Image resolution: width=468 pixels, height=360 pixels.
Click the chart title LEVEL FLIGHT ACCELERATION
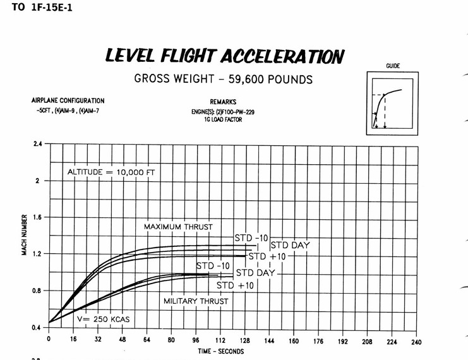coord(224,56)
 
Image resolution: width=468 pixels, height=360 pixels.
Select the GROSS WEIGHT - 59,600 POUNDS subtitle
coord(224,80)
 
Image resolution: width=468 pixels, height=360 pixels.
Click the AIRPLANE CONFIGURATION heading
coord(68,100)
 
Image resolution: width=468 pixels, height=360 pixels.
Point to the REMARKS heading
coord(223,101)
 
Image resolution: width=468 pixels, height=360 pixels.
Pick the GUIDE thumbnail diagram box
coord(392,102)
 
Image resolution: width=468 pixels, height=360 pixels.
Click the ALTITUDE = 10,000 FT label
coord(111,172)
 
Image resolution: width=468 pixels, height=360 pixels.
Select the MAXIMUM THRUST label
coord(178,227)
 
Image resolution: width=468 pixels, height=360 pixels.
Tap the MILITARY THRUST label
coord(196,301)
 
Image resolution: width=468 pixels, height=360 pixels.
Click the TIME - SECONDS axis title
coord(220,351)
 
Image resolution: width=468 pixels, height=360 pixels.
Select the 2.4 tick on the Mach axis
coord(36,144)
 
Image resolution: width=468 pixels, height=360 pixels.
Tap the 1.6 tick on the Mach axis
coord(36,217)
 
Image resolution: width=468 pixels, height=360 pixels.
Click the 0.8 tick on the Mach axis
coord(36,291)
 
